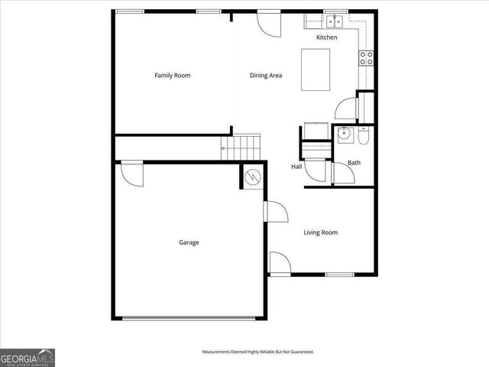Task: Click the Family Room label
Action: pos(172,76)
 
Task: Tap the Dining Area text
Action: pos(266,76)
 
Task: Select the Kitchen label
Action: pos(327,37)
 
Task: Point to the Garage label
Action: pos(189,242)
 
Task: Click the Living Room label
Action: pos(320,232)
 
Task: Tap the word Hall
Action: pos(296,167)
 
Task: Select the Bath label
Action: pos(354,162)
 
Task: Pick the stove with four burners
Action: pos(366,55)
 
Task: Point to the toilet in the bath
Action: pos(364,135)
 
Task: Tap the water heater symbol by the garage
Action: pos(253,178)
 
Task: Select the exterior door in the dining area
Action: pos(269,21)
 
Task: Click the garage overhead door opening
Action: pos(189,317)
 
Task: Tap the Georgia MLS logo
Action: pos(28,357)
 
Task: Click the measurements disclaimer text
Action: pos(257,352)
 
